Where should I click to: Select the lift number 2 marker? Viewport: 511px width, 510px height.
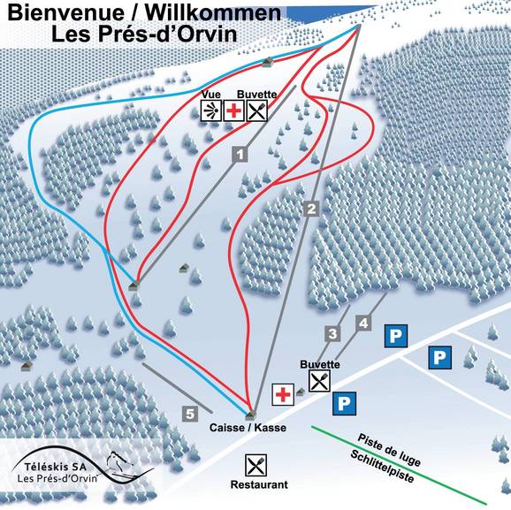click(x=310, y=209)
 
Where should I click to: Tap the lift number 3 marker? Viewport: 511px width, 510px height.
click(x=332, y=333)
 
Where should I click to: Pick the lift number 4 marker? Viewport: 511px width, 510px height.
click(x=362, y=324)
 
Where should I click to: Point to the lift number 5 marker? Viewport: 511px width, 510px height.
click(x=189, y=412)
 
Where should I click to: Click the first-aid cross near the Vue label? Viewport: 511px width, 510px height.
click(x=233, y=110)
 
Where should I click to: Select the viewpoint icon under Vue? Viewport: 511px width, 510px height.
click(x=211, y=110)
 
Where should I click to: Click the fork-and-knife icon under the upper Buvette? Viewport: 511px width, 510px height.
click(x=256, y=110)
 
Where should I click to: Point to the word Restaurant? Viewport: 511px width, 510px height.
click(x=259, y=485)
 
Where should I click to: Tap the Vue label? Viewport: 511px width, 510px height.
click(x=210, y=94)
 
